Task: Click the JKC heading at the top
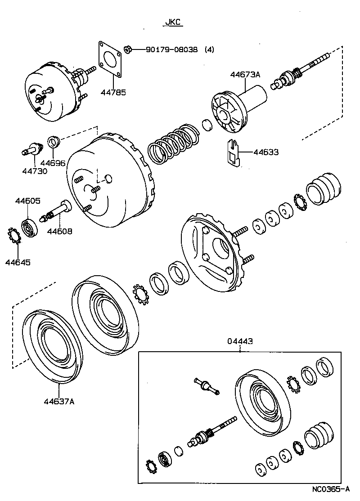pyautogui.click(x=172, y=22)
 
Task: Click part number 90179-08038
pyautogui.click(x=171, y=49)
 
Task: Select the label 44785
pyautogui.click(x=113, y=92)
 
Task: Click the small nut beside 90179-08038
pyautogui.click(x=127, y=49)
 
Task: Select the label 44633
pyautogui.click(x=265, y=152)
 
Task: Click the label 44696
pyautogui.click(x=53, y=163)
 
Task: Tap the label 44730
pyautogui.click(x=34, y=171)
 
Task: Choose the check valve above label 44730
pyautogui.click(x=32, y=148)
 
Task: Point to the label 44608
pyautogui.click(x=60, y=231)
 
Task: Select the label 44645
pyautogui.click(x=18, y=262)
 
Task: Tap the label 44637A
pyautogui.click(x=59, y=402)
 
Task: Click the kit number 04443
pyautogui.click(x=239, y=341)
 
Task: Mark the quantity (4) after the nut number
pyautogui.click(x=209, y=49)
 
